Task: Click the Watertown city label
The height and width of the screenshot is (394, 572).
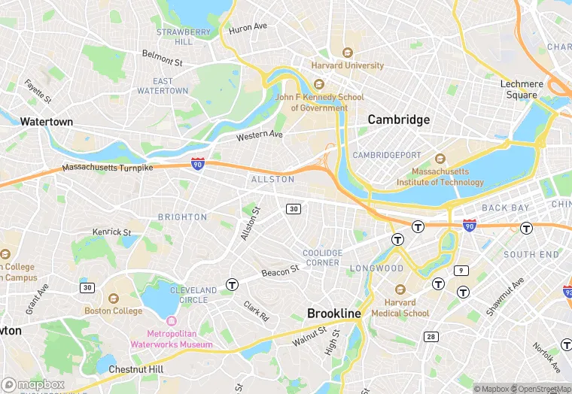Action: pyautogui.click(x=47, y=121)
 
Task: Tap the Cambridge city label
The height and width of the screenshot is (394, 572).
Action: pyautogui.click(x=398, y=120)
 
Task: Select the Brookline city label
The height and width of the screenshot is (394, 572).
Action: pyautogui.click(x=334, y=313)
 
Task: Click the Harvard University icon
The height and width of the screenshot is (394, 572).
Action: pyautogui.click(x=347, y=53)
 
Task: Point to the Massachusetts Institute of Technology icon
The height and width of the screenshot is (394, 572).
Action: pyautogui.click(x=440, y=159)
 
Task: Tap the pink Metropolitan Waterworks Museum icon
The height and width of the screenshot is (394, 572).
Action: pyautogui.click(x=172, y=321)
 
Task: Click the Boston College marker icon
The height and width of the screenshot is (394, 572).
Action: pyautogui.click(x=114, y=299)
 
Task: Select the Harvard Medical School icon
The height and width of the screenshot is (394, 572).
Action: pyautogui.click(x=400, y=289)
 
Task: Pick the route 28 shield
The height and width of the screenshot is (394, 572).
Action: pyautogui.click(x=431, y=336)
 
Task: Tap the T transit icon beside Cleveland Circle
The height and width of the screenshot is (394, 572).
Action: pyautogui.click(x=233, y=285)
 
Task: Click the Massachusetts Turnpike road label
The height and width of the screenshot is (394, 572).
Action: pyautogui.click(x=107, y=168)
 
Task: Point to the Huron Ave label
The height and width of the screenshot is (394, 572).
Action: pyautogui.click(x=248, y=26)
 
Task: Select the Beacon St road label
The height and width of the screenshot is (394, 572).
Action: pyautogui.click(x=281, y=271)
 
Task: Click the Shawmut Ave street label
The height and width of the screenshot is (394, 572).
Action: pyautogui.click(x=504, y=296)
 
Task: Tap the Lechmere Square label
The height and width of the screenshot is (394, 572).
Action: pyautogui.click(x=522, y=89)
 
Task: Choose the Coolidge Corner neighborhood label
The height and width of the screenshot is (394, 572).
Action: pyautogui.click(x=322, y=257)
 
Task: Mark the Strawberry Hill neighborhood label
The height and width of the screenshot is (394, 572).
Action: pyautogui.click(x=183, y=37)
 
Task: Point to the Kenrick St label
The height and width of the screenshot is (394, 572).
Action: pyautogui.click(x=111, y=232)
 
